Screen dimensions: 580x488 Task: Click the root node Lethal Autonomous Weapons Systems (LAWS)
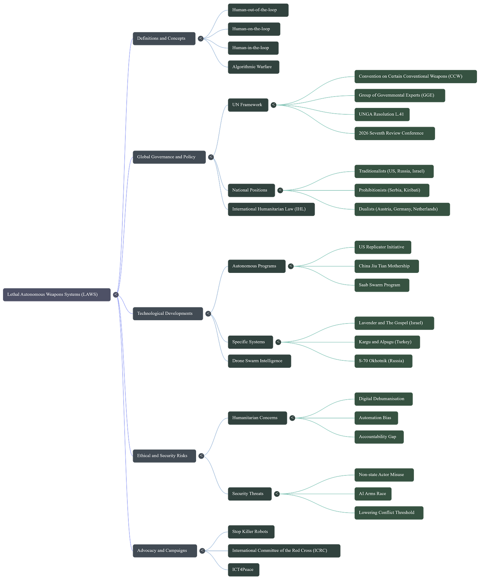coord(57,294)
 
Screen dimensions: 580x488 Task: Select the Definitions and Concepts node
coord(164,38)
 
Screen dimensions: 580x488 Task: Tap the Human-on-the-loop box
coord(254,29)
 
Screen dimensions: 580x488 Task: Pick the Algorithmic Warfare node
coord(253,67)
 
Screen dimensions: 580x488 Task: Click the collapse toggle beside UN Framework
coord(273,105)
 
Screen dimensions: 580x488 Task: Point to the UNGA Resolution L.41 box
coord(382,114)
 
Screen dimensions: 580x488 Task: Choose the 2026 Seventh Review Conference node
coord(394,133)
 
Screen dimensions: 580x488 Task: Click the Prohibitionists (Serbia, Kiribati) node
coord(392,190)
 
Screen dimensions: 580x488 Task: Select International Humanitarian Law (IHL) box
coord(271,209)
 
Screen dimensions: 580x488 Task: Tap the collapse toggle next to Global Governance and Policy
coord(210,157)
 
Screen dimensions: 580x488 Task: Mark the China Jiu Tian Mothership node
coord(386,266)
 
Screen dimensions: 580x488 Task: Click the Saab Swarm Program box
coord(382,285)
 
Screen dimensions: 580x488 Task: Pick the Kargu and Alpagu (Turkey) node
coord(387,342)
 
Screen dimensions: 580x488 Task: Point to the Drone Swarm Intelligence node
coord(259,361)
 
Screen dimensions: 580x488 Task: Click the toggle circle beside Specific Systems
coord(278,342)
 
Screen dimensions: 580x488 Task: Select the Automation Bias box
coord(376,418)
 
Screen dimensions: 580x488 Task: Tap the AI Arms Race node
coord(373,494)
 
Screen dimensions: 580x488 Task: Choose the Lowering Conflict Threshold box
coord(389,513)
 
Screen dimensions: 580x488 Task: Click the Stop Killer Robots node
coord(251,531)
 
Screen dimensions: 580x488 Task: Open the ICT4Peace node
coord(243,569)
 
